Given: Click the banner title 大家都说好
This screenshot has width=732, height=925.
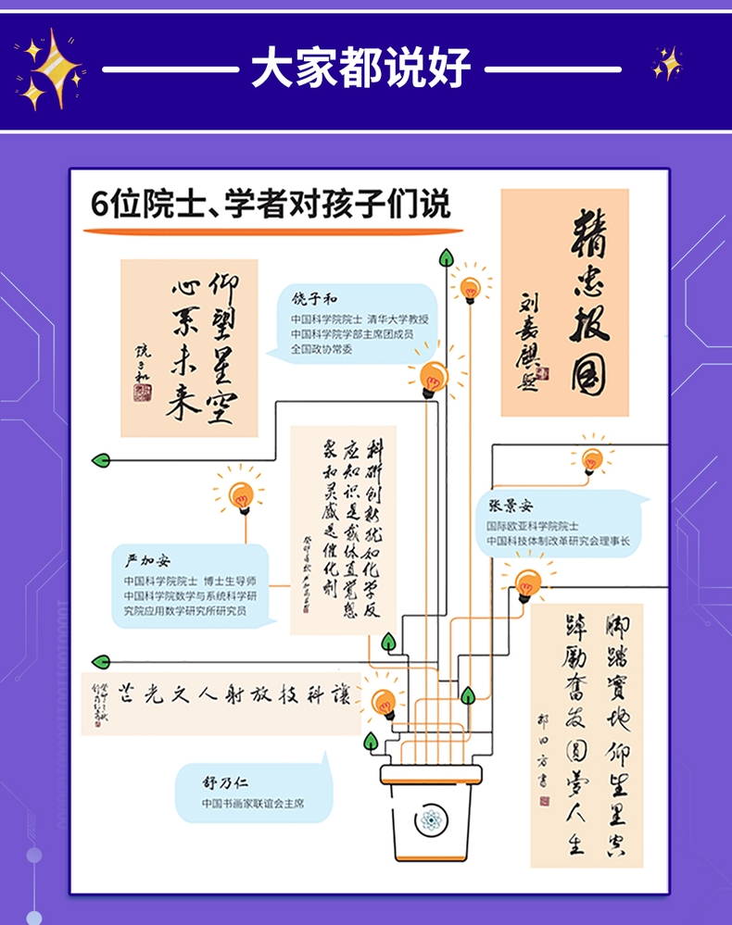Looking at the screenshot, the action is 361,69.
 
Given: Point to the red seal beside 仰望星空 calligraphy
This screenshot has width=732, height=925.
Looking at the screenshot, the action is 142,393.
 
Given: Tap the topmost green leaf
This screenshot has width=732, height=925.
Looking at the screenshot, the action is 446,256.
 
